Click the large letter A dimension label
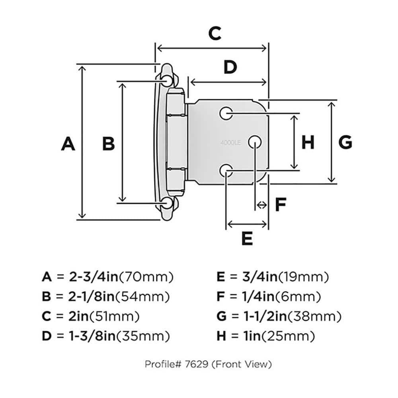(x=68, y=143)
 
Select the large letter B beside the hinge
(x=108, y=143)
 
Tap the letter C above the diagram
(x=215, y=34)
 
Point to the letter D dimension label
(x=230, y=68)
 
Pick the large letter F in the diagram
(x=281, y=205)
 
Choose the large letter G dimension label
(x=345, y=142)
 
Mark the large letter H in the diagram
(x=308, y=142)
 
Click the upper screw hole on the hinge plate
(x=226, y=113)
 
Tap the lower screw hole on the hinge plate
(x=226, y=171)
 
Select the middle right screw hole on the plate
(x=255, y=142)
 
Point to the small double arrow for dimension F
(x=261, y=205)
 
